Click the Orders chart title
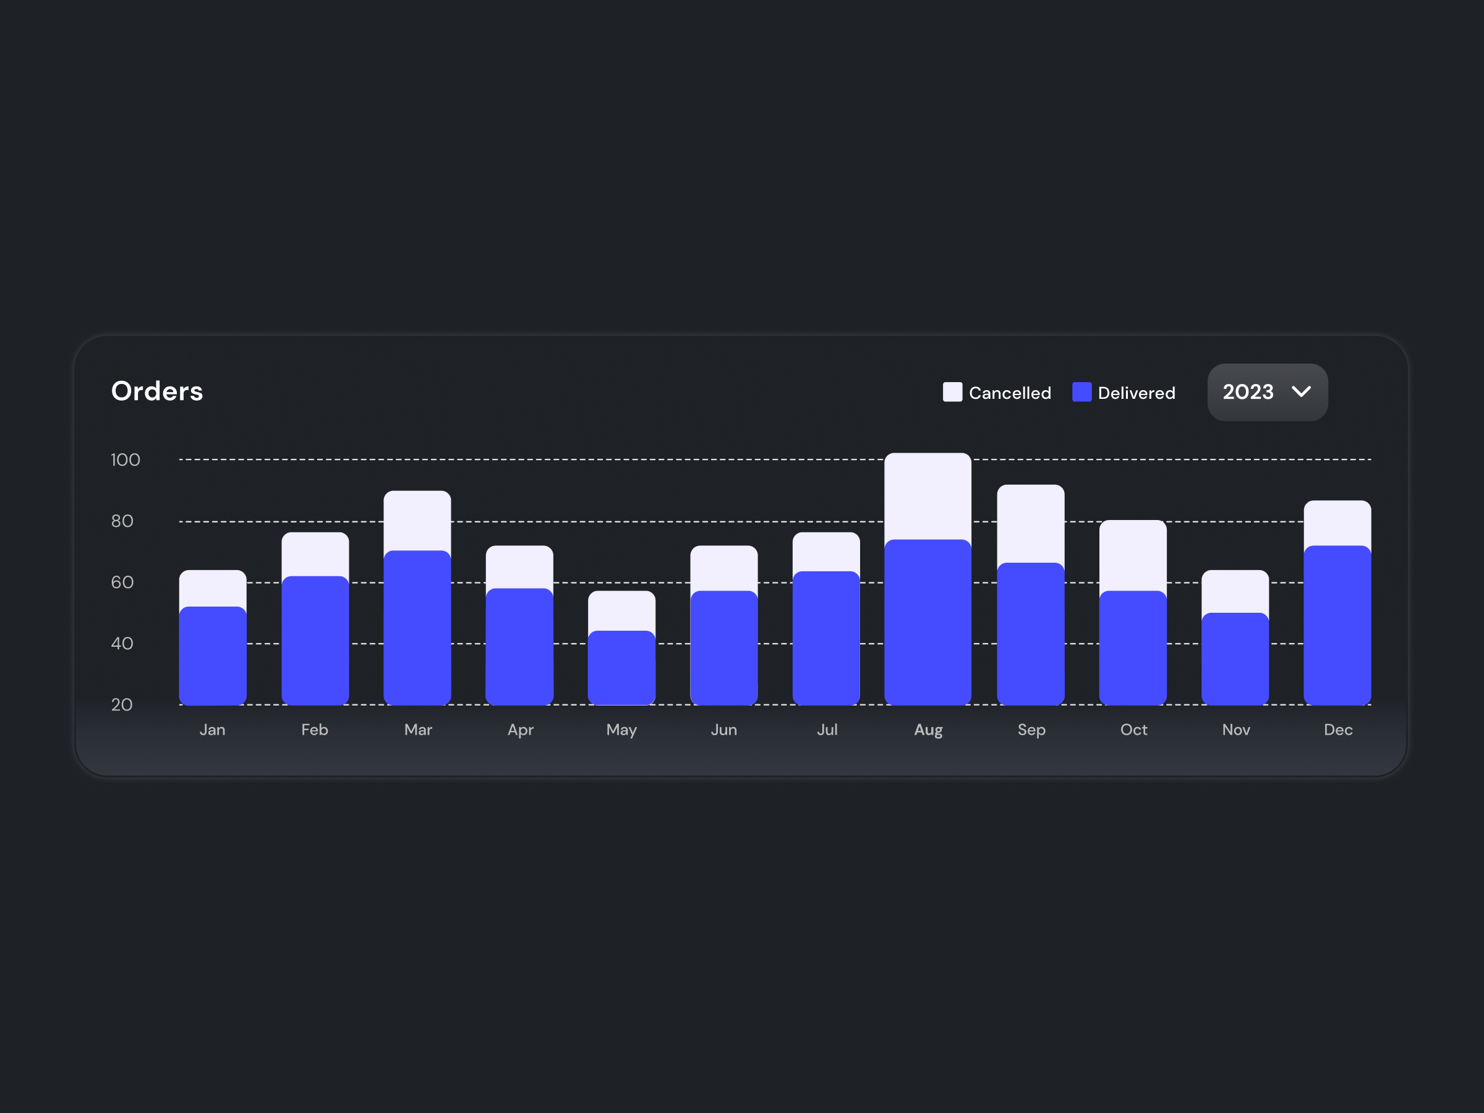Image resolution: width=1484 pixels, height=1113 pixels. pos(157,391)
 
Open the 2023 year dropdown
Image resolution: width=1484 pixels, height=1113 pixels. pos(1266,393)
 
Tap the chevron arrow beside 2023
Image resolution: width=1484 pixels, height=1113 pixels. pos(1301,392)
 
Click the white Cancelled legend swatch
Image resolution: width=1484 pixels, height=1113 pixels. pos(952,393)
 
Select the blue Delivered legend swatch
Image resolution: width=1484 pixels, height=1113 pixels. pos(1081,393)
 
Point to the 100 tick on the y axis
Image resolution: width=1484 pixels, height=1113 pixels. pos(126,460)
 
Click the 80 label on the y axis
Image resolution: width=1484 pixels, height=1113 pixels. pos(122,521)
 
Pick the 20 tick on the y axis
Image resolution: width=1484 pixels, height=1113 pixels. pos(122,705)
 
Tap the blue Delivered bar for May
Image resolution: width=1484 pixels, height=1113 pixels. pos(621,668)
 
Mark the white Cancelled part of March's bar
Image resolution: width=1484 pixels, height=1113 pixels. pos(417,521)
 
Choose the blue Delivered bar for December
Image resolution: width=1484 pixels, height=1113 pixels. pos(1337,625)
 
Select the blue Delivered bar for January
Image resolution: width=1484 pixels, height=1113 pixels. pos(213,656)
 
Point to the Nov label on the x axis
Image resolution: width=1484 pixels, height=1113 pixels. pos(1236,730)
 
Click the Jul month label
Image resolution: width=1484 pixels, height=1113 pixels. pos(827,730)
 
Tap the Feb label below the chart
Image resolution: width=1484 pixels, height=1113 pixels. pos(315,730)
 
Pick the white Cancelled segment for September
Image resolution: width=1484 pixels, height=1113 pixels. pos(1031,524)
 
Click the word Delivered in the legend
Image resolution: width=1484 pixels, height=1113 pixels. pos(1136,393)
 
